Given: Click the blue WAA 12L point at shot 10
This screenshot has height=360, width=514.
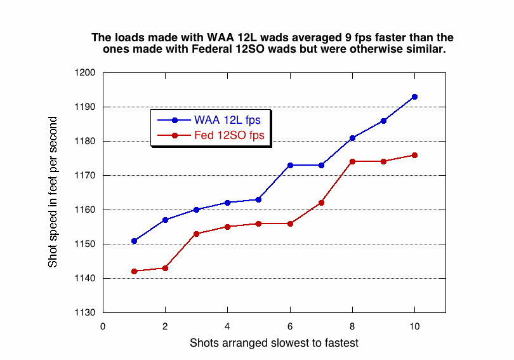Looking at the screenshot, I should click(414, 97).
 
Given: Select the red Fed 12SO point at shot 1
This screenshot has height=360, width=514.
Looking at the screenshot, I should click(134, 271).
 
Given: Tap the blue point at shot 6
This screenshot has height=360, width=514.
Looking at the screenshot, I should click(290, 165).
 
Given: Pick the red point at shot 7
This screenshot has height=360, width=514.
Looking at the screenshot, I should click(321, 203).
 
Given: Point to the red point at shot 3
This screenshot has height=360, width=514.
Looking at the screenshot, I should click(197, 234).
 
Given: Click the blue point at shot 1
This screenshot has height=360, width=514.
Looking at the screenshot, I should click(134, 241).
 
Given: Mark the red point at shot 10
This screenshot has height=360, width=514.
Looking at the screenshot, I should click(414, 155).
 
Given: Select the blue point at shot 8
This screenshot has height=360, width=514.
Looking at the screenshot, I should click(352, 138).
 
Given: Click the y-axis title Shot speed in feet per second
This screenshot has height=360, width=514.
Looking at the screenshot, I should click(53, 192).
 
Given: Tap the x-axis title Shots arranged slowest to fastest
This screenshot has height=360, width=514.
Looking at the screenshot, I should click(274, 343).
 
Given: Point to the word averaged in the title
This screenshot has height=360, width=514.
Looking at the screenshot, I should click(308, 37).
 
